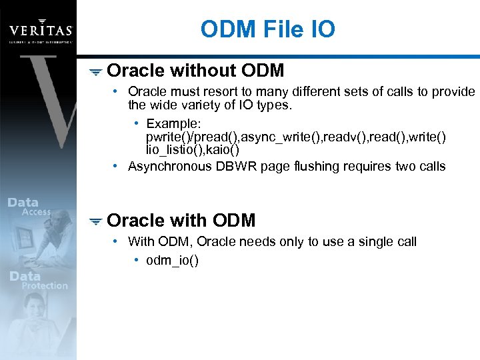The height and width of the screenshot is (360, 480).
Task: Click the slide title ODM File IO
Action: [x=267, y=29]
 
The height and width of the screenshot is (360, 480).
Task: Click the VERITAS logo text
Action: [x=39, y=29]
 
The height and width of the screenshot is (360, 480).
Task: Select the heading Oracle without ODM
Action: [x=195, y=70]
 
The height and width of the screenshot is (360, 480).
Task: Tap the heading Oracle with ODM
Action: [x=181, y=220]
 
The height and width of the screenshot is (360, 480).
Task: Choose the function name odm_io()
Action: [x=172, y=260]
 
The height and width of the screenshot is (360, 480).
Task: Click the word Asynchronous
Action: [x=169, y=166]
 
